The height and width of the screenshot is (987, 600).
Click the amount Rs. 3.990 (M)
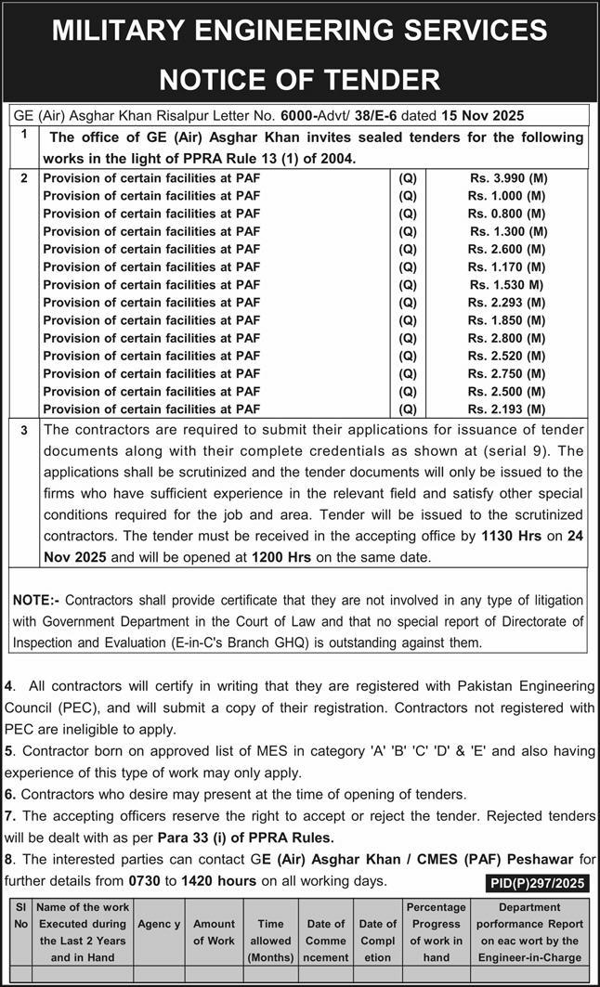506,178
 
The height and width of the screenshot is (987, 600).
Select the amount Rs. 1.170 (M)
506,267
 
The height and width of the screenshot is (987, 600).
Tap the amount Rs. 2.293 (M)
506,303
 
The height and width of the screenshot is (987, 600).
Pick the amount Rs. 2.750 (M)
506,373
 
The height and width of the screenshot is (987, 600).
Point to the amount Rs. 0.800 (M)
506,214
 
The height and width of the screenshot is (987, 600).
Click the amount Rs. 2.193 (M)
506,409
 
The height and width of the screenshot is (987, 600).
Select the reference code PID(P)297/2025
537,883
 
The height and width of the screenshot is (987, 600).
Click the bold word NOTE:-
37,601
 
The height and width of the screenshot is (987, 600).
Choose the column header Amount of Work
214,932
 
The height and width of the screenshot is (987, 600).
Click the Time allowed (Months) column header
270,932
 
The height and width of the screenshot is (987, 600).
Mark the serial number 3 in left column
25,431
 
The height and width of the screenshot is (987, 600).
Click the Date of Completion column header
378,932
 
